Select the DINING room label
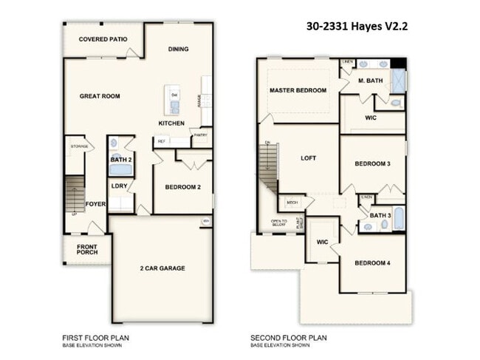[x=178, y=50]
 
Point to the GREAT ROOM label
[x=100, y=96]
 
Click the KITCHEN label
[x=171, y=123]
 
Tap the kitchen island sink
[x=174, y=106]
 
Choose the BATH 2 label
[x=120, y=160]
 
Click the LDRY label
[x=120, y=186]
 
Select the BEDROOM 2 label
[x=182, y=188]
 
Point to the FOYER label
[x=95, y=204]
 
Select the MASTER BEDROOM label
[x=298, y=90]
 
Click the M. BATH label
[x=370, y=81]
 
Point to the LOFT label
[x=309, y=158]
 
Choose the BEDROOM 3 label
[x=372, y=164]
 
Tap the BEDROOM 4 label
[x=372, y=264]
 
